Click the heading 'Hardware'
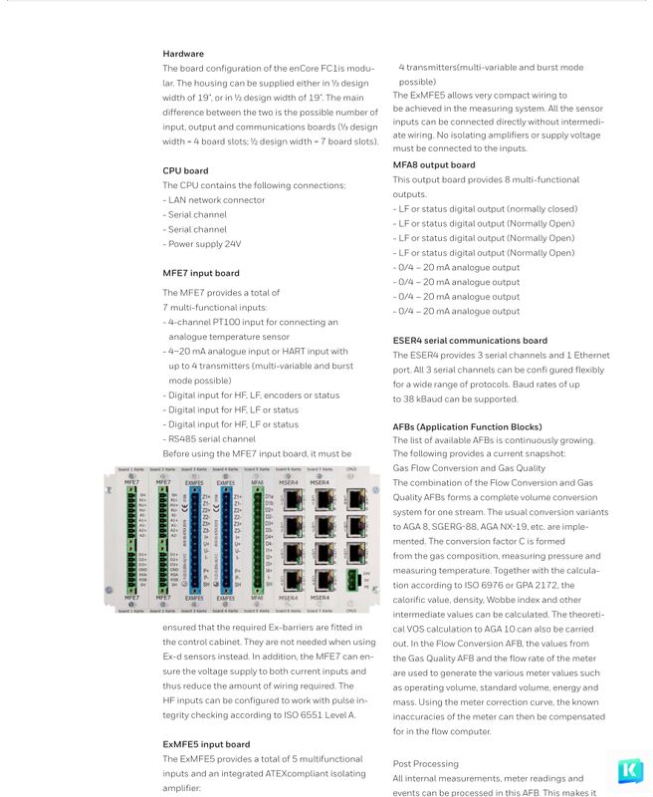[x=183, y=54]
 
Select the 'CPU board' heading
[x=185, y=170]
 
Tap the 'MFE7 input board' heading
[x=200, y=273]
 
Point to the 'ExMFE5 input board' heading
[x=206, y=744]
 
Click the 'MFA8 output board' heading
[x=433, y=164]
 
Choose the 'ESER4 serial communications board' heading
[x=470, y=341]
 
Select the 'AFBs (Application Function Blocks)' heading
[x=467, y=426]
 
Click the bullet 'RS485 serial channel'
[x=211, y=438]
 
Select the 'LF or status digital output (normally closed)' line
[x=487, y=209]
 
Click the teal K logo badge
[x=629, y=771]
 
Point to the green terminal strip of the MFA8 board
[x=256, y=538]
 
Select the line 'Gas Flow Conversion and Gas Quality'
[x=469, y=468]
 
